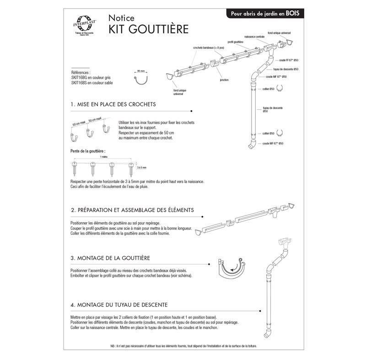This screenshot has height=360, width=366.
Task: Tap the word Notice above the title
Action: pyautogui.click(x=121, y=18)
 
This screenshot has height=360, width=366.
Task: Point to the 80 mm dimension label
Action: pyautogui.click(x=140, y=71)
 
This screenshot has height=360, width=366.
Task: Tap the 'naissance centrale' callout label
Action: pyautogui.click(x=254, y=36)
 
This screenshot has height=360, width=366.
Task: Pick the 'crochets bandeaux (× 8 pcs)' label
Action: pyautogui.click(x=208, y=48)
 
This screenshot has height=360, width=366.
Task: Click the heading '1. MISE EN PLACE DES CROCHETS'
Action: pyautogui.click(x=113, y=104)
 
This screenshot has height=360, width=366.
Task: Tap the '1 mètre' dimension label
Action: pyautogui.click(x=105, y=156)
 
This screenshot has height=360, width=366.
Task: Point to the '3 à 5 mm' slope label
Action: pyautogui.click(x=142, y=168)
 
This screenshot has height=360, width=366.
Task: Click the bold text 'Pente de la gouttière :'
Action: pyautogui.click(x=88, y=150)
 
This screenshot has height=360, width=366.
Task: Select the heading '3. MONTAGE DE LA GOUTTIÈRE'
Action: pyautogui.click(x=110, y=258)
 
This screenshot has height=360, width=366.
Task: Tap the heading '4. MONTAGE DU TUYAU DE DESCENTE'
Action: pyautogui.click(x=119, y=305)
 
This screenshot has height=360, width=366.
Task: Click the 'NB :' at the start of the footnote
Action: pyautogui.click(x=113, y=346)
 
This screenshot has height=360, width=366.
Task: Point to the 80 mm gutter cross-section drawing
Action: pyautogui.click(x=140, y=81)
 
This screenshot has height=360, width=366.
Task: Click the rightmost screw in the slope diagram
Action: pyautogui.click(x=131, y=168)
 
